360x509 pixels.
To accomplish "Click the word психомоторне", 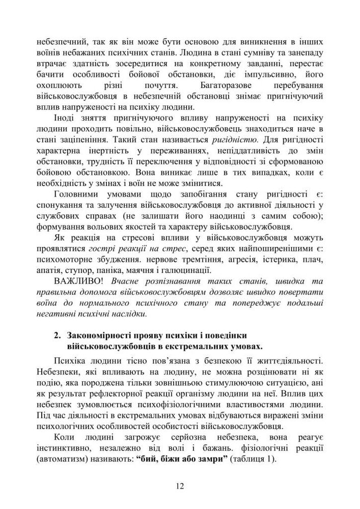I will point(64,259).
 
